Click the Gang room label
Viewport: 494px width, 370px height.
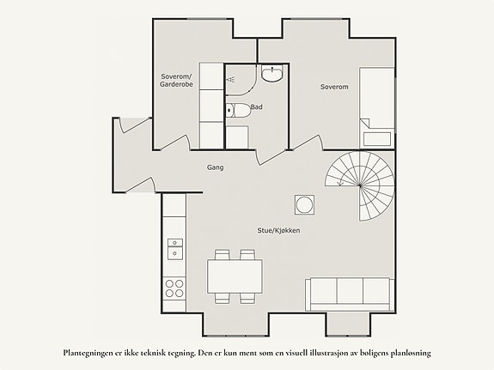pos(215,167)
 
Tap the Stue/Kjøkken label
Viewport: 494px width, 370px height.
pos(278,231)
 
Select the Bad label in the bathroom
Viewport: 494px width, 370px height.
pos(257,107)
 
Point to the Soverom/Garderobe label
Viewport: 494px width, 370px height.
pos(176,81)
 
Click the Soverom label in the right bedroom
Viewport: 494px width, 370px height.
pos(334,87)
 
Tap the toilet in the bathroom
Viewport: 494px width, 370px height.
pos(238,110)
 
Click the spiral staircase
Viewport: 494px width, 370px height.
pos(360,185)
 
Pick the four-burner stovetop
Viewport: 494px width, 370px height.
pos(174,288)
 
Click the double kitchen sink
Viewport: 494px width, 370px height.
pos(175,249)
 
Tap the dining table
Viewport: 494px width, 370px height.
pos(235,276)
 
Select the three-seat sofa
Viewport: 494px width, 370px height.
pos(350,294)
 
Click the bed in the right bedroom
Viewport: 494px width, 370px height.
pos(377,107)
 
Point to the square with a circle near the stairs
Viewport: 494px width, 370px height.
pos(304,205)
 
